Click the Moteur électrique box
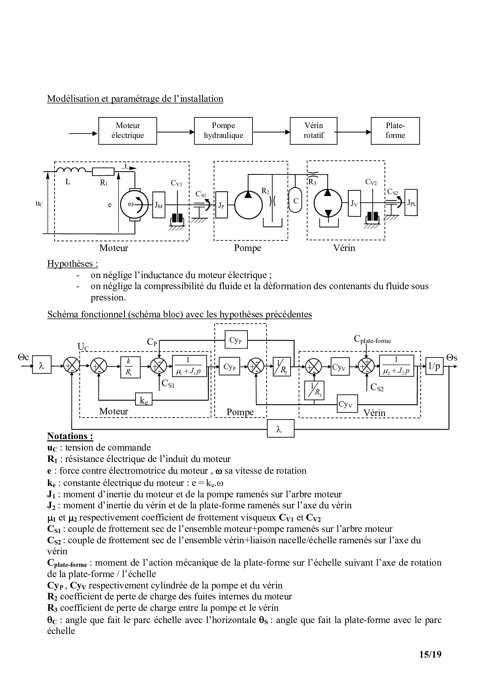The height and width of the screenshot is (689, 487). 127,130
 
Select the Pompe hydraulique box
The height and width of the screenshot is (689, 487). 223,130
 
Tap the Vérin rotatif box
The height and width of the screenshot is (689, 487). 313,130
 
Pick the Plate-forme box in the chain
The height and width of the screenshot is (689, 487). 395,130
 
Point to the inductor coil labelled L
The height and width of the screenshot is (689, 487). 71,170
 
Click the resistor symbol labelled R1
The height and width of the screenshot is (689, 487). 103,171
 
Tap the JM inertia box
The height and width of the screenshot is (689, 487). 158,205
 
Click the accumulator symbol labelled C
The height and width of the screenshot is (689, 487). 296,200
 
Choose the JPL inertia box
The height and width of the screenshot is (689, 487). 411,203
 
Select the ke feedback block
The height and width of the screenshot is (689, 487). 144,400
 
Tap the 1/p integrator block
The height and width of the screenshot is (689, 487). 434,366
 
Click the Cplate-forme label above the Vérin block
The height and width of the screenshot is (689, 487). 372,339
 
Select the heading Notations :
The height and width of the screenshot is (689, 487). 70,436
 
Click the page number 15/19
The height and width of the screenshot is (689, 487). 430,654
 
